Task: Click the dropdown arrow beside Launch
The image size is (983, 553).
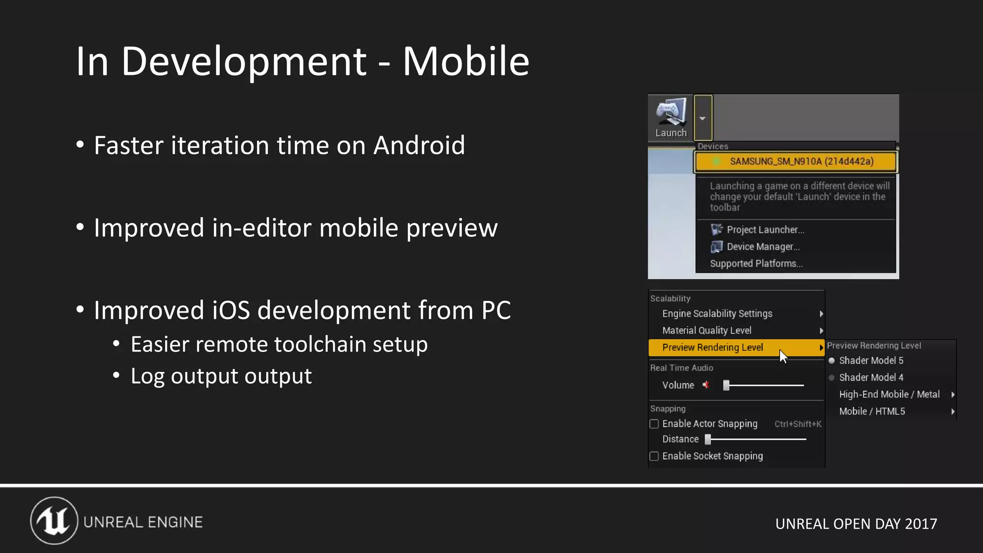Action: coord(703,118)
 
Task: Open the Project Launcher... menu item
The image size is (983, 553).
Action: coord(765,230)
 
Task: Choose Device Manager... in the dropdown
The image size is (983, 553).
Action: coord(763,247)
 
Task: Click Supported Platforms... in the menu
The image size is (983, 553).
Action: coord(756,264)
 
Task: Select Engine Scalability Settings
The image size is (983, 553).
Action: coord(717,314)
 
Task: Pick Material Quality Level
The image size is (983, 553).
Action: coord(707,331)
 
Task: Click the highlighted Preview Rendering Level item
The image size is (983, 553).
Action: coord(712,348)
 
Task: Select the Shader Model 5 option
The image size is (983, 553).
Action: coord(871,361)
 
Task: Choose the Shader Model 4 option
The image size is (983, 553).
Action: coord(871,378)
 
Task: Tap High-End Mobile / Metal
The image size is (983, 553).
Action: coord(889,395)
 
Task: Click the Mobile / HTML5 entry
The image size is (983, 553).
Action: coord(872,411)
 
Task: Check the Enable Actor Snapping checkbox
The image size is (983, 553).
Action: coord(654,424)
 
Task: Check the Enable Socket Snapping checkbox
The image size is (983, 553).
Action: coord(654,456)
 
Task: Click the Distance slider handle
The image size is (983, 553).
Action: coord(708,439)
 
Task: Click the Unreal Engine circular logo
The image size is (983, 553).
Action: coord(54,521)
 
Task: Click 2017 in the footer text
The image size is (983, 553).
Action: coord(921,524)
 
